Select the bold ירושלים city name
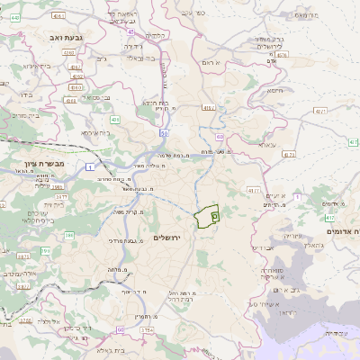click(167, 238)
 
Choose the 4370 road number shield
click(282, 55)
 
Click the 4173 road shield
click(289, 154)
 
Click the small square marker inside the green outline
click(214, 214)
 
